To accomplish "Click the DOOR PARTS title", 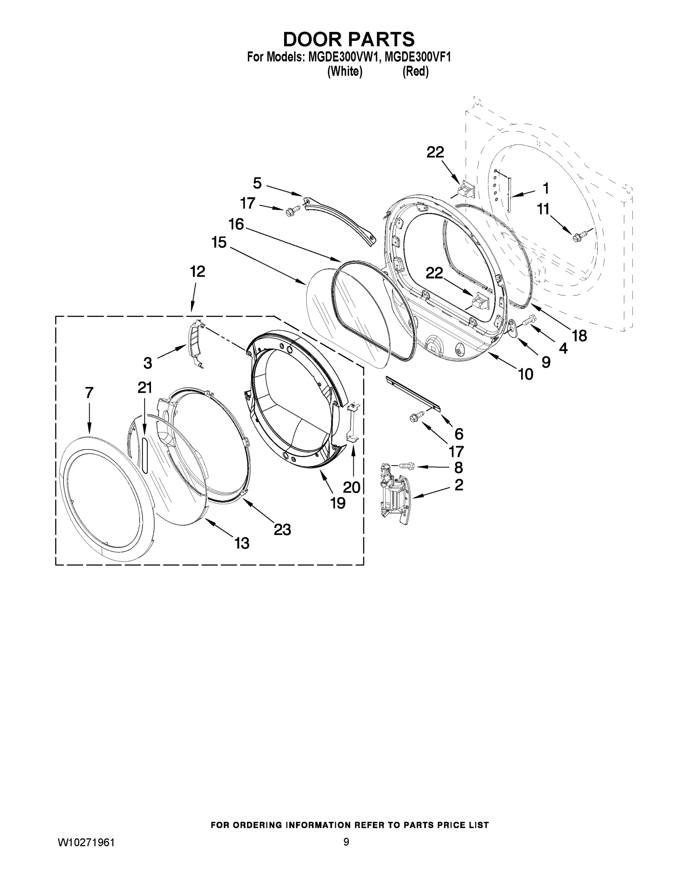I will pos(349,40).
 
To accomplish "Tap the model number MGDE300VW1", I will pos(341,57).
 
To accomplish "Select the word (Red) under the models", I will pos(415,72).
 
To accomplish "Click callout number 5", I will pos(257,183).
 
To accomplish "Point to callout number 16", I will pos(236,224).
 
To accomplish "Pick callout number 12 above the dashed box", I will pos(198,271).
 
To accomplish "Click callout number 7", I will pos(90,393).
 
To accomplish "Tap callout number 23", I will pos(282,530).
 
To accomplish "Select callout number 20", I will pos(351,487).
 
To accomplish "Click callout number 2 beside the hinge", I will pos(459,485).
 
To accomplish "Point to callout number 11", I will pos(543,209).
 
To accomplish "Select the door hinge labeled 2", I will pos(392,493).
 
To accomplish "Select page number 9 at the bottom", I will pos(346,842).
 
